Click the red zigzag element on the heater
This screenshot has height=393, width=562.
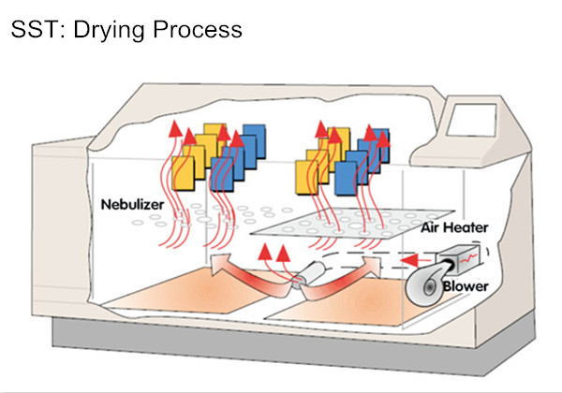(x=479, y=255)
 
